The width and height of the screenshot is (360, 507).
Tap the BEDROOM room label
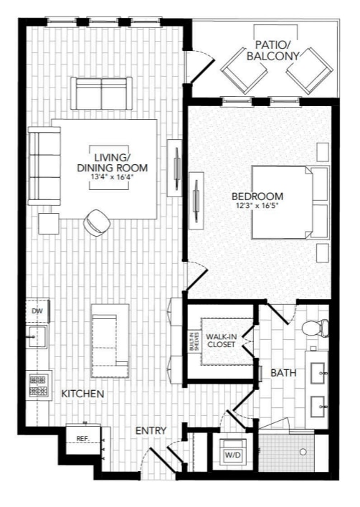257,196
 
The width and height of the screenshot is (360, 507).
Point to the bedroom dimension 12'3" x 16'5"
257,207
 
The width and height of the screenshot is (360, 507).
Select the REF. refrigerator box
82,437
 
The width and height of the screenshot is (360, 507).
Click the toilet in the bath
314,328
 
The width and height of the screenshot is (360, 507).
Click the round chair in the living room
95,223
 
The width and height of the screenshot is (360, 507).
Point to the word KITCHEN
82,394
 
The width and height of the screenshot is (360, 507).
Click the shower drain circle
303,452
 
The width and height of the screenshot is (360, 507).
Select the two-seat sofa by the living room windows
102,93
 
